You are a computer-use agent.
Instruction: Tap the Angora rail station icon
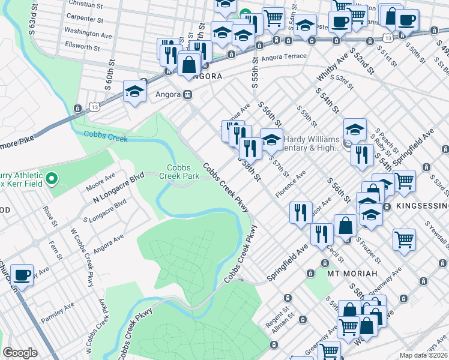pyautogui.click(x=187, y=94)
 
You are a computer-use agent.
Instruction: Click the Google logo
pyautogui.click(x=20, y=353)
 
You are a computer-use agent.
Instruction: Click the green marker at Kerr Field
pyautogui.click(x=52, y=178)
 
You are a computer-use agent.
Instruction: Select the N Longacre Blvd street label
pyautogui.click(x=119, y=187)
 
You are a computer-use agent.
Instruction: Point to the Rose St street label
pyautogui.click(x=46, y=217)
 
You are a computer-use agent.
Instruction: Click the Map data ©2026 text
pyautogui.click(x=423, y=355)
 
